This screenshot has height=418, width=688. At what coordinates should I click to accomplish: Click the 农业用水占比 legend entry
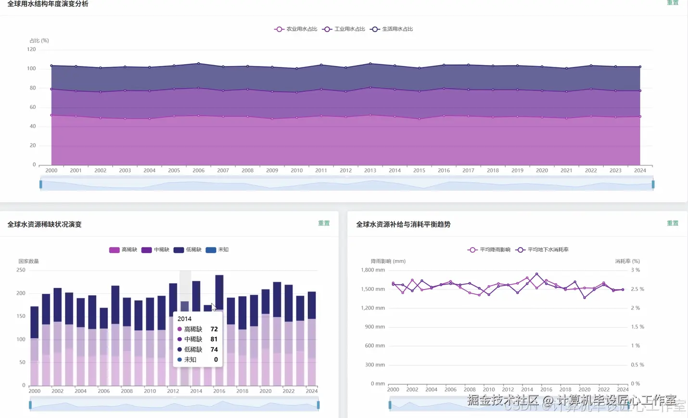(296, 29)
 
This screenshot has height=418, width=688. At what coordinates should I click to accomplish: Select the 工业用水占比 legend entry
(344, 29)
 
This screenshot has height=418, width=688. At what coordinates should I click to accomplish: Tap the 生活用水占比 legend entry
(392, 29)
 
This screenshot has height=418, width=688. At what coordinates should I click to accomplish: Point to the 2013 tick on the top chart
(370, 170)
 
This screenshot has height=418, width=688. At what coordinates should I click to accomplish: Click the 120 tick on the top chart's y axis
(31, 49)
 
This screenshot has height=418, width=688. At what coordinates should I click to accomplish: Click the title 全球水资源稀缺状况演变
(44, 224)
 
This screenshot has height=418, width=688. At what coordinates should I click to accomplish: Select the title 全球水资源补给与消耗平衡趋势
(403, 224)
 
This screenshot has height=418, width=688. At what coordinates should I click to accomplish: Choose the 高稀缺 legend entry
(123, 249)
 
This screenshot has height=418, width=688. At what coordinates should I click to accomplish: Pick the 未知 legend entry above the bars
(217, 249)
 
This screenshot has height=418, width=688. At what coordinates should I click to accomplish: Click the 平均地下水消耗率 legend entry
(542, 249)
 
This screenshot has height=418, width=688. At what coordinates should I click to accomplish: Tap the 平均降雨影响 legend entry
(489, 249)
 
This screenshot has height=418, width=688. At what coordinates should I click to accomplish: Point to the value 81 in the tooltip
(214, 339)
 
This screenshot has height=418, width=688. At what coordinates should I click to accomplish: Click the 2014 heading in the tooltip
(184, 319)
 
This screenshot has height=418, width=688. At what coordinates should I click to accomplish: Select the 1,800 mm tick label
(373, 270)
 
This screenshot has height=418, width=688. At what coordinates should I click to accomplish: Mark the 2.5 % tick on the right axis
(637, 289)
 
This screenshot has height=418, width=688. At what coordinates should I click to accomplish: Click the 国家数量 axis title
(28, 261)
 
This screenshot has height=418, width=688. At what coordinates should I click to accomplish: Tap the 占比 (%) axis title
(39, 40)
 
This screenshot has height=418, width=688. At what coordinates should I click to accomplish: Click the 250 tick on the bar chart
(21, 270)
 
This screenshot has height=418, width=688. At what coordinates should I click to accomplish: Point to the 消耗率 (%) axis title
(627, 261)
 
